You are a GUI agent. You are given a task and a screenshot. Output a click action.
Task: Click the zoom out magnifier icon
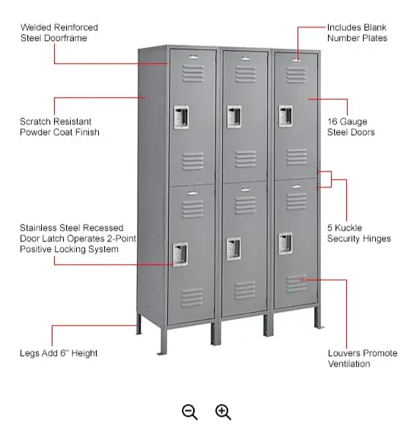coord(189,412)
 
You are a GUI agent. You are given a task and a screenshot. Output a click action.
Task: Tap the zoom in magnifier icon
coord(223,412)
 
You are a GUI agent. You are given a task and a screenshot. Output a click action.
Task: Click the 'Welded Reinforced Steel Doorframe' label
coord(59,33)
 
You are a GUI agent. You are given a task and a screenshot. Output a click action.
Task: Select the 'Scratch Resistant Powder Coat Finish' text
coord(59,127)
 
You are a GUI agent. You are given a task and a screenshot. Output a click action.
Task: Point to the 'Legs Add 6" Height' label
coord(59,353)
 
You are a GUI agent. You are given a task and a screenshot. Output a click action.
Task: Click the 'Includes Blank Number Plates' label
coord(357,33)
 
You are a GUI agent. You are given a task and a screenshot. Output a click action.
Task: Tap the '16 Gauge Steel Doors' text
coord(351,127)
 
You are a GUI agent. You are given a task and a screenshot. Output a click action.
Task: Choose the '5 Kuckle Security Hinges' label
coord(359,233)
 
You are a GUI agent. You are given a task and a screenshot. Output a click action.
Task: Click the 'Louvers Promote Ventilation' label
coord(363,358)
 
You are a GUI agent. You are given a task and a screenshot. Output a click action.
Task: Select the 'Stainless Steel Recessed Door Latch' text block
coord(78,238)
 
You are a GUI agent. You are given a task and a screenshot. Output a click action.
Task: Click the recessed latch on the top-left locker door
coord(181,118)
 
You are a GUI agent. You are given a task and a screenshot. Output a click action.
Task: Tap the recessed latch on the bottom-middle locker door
coord(234,248)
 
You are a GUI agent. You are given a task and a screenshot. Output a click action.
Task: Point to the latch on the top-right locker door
coord(285,116)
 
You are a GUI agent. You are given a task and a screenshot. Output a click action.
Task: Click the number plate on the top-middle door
coord(245,58)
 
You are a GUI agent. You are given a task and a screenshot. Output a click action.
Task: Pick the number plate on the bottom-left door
coord(192,193)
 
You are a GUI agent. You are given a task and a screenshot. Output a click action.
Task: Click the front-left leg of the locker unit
coord(163,341)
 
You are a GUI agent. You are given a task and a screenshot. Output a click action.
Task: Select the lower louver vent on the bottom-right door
coord(296,283)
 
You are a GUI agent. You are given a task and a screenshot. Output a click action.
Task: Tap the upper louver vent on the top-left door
coord(193,73)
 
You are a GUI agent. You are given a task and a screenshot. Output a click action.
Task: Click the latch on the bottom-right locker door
coord(285,243)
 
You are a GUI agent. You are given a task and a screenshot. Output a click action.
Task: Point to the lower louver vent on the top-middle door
coord(245,159)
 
